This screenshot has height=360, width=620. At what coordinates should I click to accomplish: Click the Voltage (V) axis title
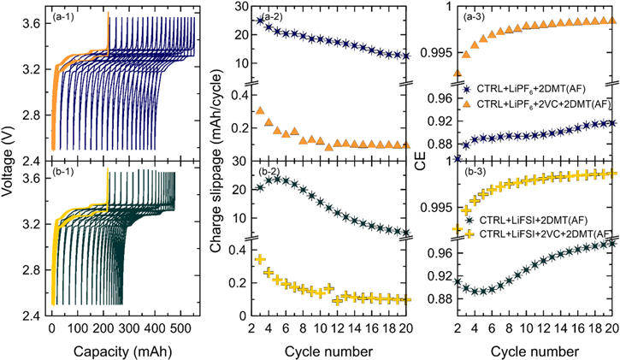pos(9,162)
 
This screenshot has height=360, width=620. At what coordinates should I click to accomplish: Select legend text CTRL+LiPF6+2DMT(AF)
pos(536,90)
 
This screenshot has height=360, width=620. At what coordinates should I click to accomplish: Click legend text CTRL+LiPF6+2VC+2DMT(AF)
pos(542,103)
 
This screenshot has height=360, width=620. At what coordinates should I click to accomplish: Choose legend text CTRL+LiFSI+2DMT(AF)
pos(538,220)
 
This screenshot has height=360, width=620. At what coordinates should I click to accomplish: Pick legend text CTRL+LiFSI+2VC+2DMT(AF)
pos(544,233)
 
